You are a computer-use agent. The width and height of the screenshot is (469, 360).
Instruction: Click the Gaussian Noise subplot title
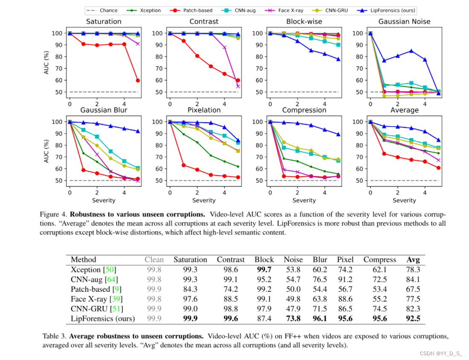[x=404, y=21]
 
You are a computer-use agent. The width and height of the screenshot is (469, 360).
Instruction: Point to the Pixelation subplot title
[x=204, y=110]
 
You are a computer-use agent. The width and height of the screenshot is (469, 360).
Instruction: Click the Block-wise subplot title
[x=304, y=21]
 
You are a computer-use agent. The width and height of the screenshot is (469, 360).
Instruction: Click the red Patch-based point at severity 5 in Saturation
[x=138, y=80]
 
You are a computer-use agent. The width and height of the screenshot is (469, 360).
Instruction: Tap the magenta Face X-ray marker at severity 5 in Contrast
[x=238, y=86]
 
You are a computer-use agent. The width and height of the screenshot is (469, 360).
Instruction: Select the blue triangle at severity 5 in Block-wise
[x=338, y=59]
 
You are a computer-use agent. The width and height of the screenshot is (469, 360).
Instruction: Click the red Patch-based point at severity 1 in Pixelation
[x=184, y=165]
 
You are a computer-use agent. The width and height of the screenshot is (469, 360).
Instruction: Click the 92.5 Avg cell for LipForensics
[x=413, y=318]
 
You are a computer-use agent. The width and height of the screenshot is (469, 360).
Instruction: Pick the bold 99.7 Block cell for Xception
[x=264, y=269]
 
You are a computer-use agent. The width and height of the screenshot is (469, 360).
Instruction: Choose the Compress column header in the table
[x=379, y=259]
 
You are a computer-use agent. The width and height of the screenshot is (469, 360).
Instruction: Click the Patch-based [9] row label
[x=92, y=289]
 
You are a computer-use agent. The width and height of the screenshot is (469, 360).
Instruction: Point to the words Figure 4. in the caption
[x=53, y=213]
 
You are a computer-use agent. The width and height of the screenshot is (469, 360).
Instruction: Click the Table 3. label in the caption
[x=55, y=336]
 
